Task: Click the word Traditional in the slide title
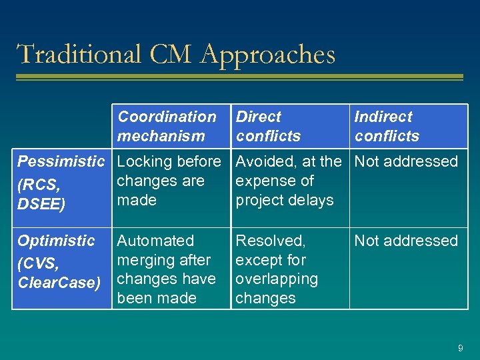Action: [79, 54]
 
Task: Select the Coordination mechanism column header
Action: [167, 126]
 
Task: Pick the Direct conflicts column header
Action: [268, 126]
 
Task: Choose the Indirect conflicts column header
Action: [387, 126]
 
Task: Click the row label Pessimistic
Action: [61, 161]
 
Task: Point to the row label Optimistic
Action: [56, 241]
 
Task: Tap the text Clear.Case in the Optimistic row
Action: [59, 283]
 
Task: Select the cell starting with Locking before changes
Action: [169, 181]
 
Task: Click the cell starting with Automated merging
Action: [166, 269]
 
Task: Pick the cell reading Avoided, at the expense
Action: [288, 181]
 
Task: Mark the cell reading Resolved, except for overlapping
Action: [277, 269]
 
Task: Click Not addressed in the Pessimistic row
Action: [406, 161]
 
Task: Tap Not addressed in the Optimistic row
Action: [406, 241]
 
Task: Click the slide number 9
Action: [460, 348]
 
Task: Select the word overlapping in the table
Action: [277, 279]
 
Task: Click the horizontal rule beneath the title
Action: [239, 78]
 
